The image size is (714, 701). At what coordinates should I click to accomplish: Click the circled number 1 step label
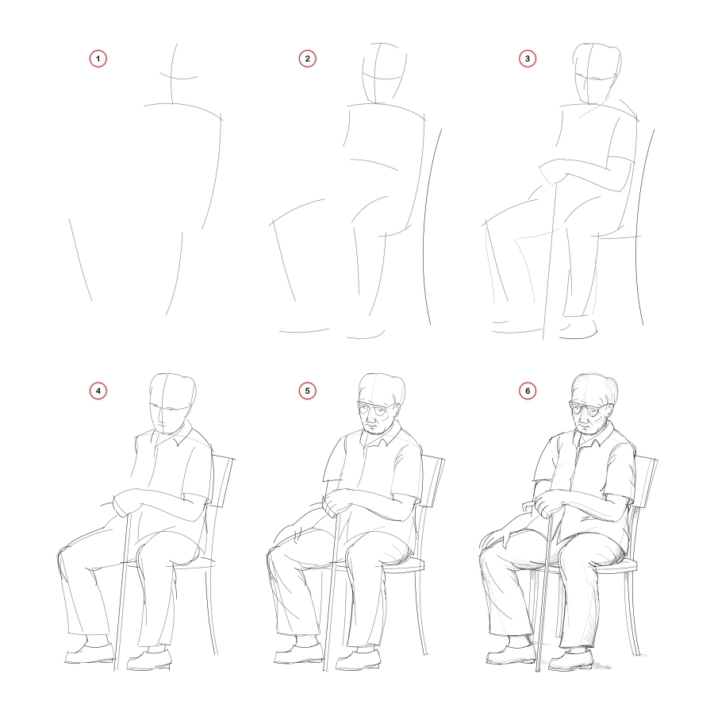tap(98, 59)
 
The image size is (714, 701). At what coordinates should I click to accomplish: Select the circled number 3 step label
tap(526, 59)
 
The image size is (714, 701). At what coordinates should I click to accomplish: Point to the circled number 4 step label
tap(98, 391)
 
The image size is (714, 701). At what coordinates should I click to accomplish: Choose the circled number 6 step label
tap(526, 391)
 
